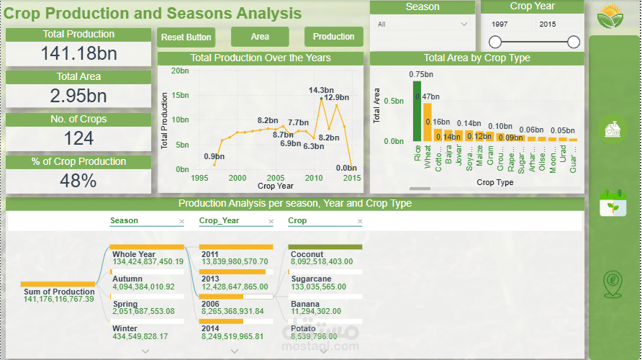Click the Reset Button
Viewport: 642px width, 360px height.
click(x=186, y=37)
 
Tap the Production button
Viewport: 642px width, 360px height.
click(x=333, y=37)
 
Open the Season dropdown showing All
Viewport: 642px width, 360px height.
click(x=422, y=24)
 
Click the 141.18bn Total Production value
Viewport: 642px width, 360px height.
click(x=78, y=54)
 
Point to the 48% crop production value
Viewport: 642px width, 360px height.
click(x=78, y=181)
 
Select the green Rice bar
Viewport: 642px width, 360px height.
click(x=417, y=111)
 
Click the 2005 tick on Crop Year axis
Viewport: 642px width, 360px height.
click(x=275, y=178)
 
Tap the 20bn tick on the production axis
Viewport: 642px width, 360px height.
click(x=180, y=71)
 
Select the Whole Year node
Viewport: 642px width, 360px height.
click(x=148, y=258)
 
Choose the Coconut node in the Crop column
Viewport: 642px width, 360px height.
click(x=325, y=258)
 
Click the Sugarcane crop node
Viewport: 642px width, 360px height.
click(x=325, y=283)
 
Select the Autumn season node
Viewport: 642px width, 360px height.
click(x=148, y=283)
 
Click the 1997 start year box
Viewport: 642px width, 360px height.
click(x=499, y=24)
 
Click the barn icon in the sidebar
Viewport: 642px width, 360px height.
click(x=613, y=130)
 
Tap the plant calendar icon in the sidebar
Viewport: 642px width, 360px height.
click(x=613, y=203)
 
